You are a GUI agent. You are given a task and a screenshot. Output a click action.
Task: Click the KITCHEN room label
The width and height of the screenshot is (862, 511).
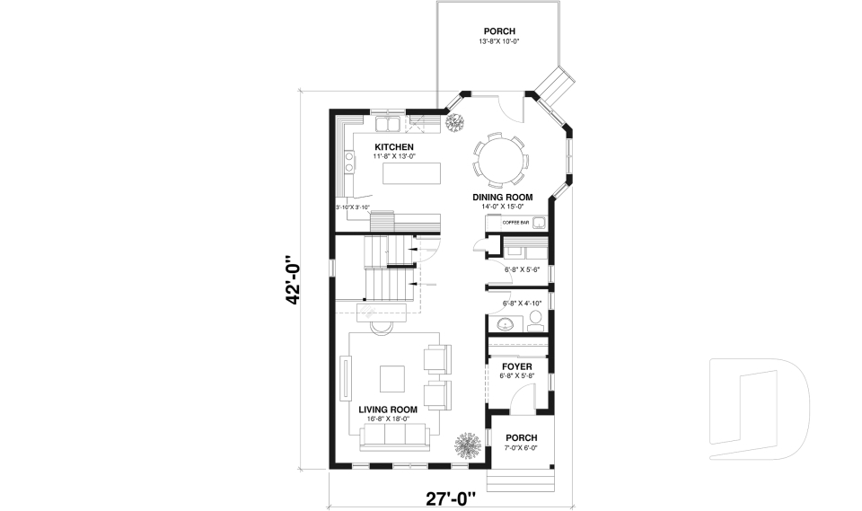click(394, 146)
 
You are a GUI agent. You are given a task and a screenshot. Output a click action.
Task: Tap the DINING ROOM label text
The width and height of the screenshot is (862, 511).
click(503, 197)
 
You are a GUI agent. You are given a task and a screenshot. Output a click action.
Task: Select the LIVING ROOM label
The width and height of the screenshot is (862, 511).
click(384, 409)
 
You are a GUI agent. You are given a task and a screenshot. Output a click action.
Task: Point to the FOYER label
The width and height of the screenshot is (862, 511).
click(517, 366)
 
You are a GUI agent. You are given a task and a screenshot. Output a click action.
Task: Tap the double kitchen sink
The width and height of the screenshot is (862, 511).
click(389, 124)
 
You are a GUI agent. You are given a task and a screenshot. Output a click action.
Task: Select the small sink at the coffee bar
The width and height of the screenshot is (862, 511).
click(539, 222)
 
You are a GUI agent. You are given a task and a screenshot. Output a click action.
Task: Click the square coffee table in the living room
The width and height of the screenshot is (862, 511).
click(392, 378)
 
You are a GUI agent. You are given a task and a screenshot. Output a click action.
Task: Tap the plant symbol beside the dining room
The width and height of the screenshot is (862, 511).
click(454, 122)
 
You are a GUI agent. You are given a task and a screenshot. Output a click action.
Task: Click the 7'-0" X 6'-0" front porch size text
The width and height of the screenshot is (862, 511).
click(521, 447)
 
